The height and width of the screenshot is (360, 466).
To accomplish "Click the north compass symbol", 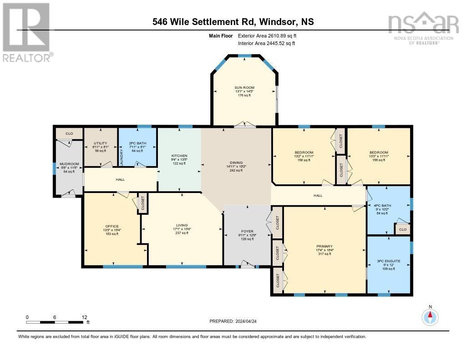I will point(430,316).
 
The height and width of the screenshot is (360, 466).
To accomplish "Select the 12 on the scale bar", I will point(84,317).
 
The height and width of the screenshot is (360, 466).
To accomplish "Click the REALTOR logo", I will point(26,32).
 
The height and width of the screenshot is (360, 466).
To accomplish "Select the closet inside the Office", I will point(142,203).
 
